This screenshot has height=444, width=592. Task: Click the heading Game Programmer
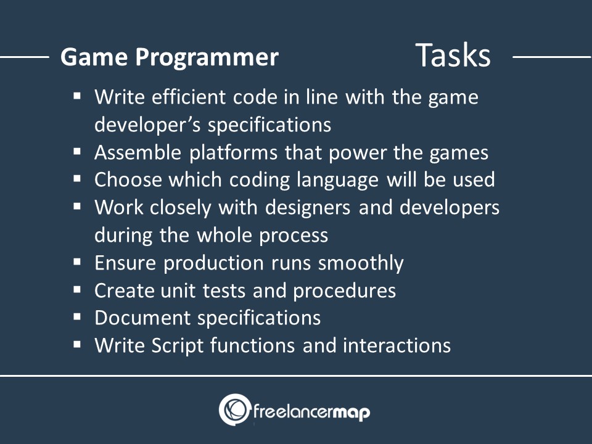pos(169,57)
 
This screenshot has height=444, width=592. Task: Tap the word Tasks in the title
pos(453,55)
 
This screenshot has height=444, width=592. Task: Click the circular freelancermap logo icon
pos(234,410)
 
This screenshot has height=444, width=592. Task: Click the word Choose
pos(128,179)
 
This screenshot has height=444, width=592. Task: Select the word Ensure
pos(125,263)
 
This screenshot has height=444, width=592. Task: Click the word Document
pos(142,318)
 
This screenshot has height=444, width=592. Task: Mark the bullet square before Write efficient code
pos(77,96)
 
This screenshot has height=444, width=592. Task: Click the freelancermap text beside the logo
pos(311,411)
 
